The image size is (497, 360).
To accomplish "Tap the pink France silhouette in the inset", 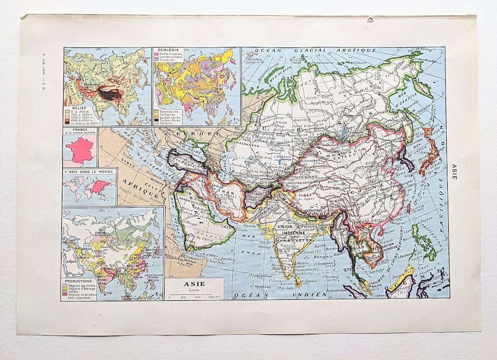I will click(80, 149).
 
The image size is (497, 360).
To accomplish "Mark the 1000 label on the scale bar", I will click(197, 297).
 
